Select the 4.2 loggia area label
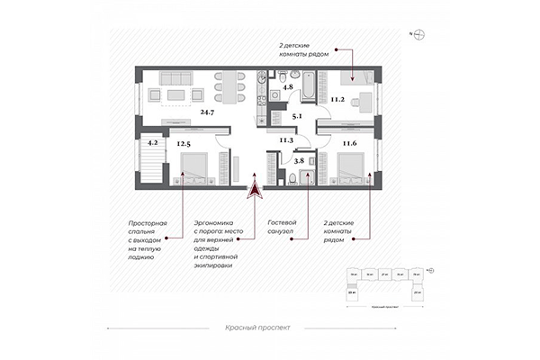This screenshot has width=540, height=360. pyautogui.click(x=153, y=141)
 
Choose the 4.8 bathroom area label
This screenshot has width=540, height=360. pyautogui.click(x=288, y=87)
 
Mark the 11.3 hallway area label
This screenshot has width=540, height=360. pyautogui.click(x=287, y=139)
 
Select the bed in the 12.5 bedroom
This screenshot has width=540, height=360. pyautogui.click(x=193, y=166)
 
